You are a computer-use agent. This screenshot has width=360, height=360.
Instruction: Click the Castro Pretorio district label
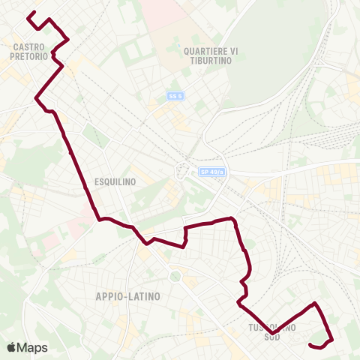(x=31, y=51)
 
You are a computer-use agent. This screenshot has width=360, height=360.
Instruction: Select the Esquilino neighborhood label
(x=115, y=181)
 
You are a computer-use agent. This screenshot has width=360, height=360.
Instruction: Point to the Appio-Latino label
(x=128, y=296)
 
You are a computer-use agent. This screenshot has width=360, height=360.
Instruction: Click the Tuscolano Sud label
(x=271, y=331)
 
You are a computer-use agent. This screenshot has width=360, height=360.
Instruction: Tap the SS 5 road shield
(x=175, y=96)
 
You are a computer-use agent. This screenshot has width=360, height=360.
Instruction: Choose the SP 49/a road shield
(x=212, y=172)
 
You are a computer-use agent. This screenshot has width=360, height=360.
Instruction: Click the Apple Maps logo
(x=27, y=347)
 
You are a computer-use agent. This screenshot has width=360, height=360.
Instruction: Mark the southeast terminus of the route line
(x=310, y=344)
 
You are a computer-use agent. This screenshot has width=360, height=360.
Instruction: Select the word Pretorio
(x=31, y=56)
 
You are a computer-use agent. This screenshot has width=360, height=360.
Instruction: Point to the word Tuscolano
(x=271, y=327)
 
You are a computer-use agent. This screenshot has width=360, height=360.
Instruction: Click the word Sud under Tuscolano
(x=271, y=337)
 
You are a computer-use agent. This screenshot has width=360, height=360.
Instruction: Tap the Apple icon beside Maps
(x=10, y=347)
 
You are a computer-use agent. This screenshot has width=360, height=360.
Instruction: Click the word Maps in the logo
(x=33, y=347)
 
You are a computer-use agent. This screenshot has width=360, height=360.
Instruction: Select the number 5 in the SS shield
(x=180, y=96)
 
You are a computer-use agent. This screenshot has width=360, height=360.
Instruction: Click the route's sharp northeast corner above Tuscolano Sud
(x=315, y=303)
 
